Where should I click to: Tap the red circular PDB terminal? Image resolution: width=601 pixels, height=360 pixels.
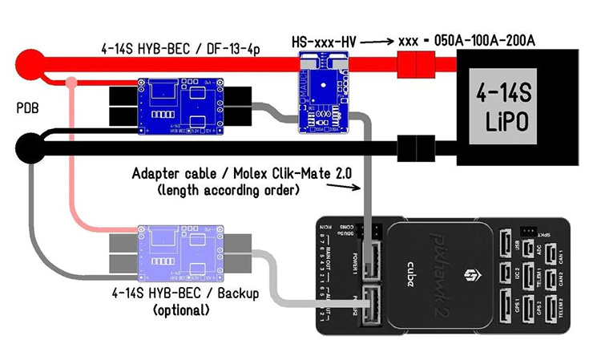[x=31, y=63]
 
